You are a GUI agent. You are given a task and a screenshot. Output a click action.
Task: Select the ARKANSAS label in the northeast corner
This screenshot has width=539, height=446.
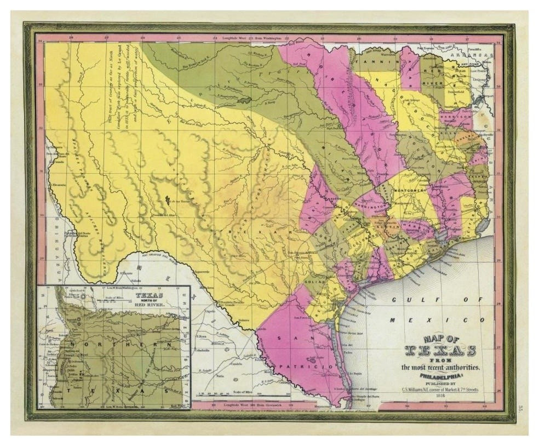pyautogui.click(x=474, y=56)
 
